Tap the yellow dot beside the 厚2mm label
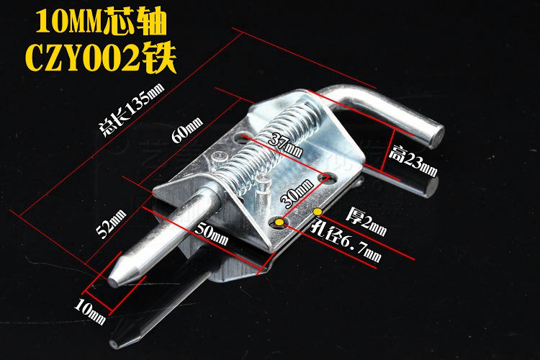point(318,212)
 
